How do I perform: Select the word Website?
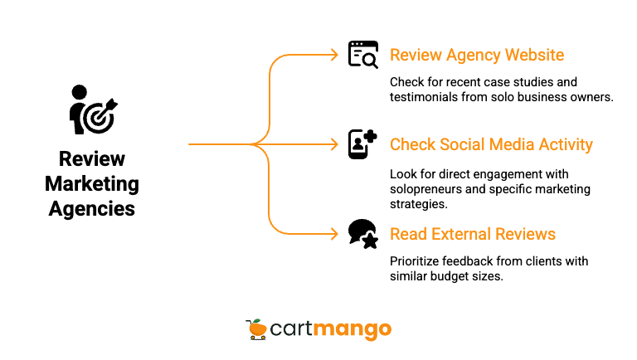534,56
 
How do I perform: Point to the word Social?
461,145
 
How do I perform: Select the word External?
460,234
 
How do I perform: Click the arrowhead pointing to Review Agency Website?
334,56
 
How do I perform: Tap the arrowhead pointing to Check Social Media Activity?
334,145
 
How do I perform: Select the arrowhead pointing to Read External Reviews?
334,234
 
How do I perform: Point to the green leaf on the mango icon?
259,321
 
